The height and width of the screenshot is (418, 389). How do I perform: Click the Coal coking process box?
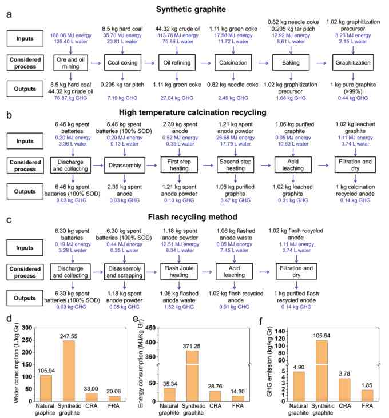coord(122,63)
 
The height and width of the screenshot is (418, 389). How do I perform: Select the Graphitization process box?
coord(353,63)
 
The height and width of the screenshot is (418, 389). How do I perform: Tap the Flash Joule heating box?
coord(179,271)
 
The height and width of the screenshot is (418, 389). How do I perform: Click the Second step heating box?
coord(235,165)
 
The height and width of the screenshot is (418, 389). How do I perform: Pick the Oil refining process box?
coord(177,63)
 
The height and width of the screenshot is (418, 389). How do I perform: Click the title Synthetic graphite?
coord(191,9)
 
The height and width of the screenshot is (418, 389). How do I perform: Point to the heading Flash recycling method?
coord(192,217)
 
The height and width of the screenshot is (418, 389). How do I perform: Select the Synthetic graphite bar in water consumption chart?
coord(69,371)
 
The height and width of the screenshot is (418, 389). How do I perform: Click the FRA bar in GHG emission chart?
coord(367,396)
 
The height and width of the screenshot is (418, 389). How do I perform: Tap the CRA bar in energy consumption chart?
coord(215,396)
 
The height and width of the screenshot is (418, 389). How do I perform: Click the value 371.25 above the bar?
coord(192,346)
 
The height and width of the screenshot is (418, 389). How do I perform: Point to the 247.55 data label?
coord(69,336)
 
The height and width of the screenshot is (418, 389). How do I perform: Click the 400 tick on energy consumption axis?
coord(150,342)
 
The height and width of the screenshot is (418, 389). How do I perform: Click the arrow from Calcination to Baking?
coord(264,63)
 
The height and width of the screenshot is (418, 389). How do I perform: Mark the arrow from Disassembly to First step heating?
coord(152,166)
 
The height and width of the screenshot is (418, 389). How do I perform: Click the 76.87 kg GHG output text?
coord(70,98)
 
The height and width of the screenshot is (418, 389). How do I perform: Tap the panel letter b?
coord(9,115)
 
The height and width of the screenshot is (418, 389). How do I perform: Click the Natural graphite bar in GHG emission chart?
coord(299,386)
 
